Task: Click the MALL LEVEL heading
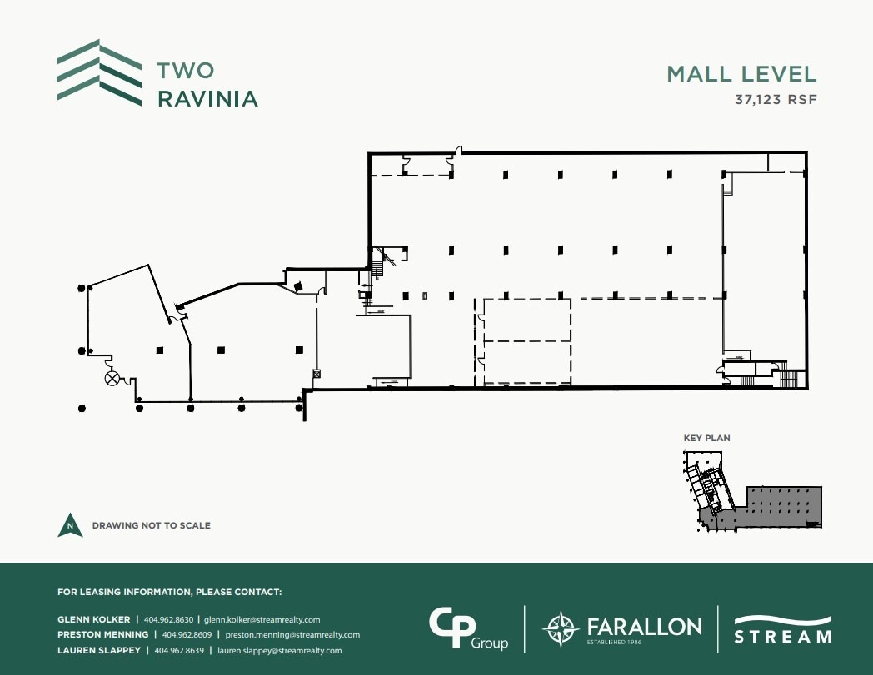(741, 73)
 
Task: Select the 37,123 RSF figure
(776, 100)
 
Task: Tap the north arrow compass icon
(70, 526)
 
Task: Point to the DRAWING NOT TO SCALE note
(151, 526)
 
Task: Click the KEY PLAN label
(706, 438)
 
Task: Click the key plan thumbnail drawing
(751, 491)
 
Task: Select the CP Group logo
(467, 628)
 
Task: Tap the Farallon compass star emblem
(559, 628)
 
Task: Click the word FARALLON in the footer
(644, 625)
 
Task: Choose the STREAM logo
(782, 629)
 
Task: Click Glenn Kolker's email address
(262, 619)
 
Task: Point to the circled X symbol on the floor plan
(112, 380)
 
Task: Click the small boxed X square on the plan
(316, 375)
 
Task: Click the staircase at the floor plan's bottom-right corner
(788, 379)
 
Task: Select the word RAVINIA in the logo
(207, 99)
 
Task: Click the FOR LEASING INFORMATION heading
(170, 593)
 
